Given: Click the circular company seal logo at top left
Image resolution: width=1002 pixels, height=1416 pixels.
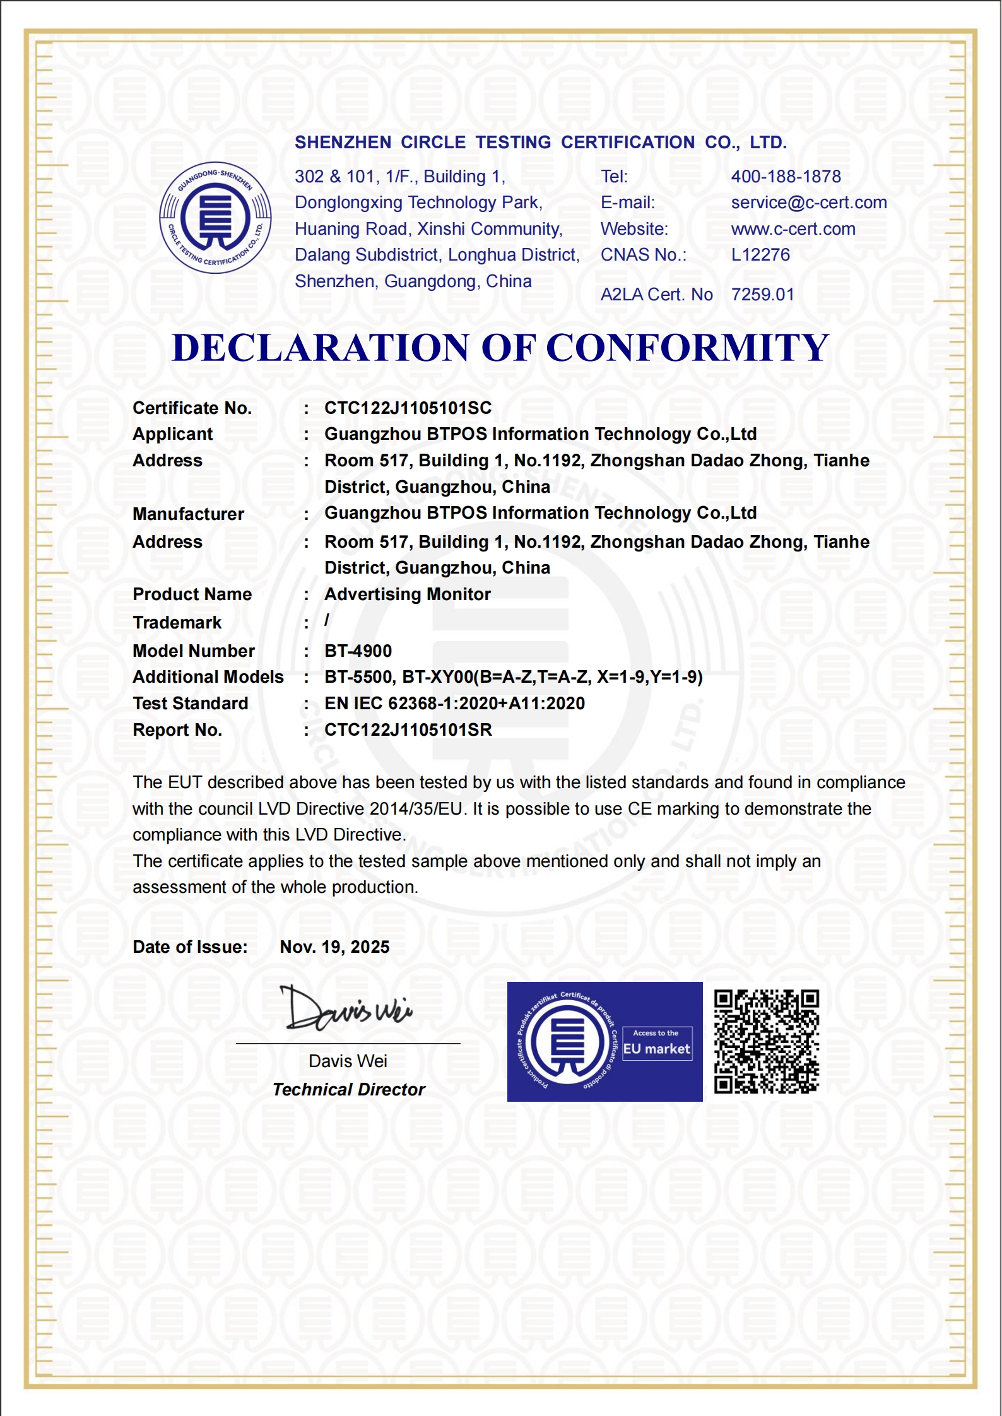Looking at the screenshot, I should pos(215,218).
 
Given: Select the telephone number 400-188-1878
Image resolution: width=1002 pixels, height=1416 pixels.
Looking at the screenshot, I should pos(786,177).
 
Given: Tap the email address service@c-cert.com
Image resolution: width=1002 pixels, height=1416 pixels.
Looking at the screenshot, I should pos(809,203).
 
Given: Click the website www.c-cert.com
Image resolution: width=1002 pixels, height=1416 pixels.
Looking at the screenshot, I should pos(793,229).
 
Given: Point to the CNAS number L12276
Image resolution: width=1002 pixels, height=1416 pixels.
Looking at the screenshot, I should pos(760,255).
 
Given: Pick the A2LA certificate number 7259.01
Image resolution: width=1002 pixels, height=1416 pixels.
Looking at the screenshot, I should pos(762,295).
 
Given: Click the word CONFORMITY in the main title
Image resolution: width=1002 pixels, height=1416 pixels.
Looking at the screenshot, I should pos(687,348).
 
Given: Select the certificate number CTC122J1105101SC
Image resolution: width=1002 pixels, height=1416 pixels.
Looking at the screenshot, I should pos(408,408).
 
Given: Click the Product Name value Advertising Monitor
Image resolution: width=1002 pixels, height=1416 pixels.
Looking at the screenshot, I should pos(407,594).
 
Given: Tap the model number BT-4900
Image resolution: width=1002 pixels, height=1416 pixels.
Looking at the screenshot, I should pos(358,651).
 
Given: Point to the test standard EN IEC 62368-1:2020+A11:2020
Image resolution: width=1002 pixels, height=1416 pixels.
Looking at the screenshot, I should pos(454,704).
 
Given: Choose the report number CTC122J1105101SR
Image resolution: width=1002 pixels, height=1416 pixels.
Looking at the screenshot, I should pos(408,730).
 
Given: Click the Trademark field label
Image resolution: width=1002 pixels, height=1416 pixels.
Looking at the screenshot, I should pos(177,623).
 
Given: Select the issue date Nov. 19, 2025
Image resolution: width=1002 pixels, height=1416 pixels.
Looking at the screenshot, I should pos(334,947).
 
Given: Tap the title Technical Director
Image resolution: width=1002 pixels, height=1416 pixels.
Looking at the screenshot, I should pos(349,1090).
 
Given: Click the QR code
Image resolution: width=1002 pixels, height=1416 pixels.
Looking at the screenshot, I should pos(766,1042).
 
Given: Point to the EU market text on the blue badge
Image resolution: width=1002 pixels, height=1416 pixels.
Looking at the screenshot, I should pos(656,1049).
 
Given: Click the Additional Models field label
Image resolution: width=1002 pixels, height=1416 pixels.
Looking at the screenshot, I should pos(208,677).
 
